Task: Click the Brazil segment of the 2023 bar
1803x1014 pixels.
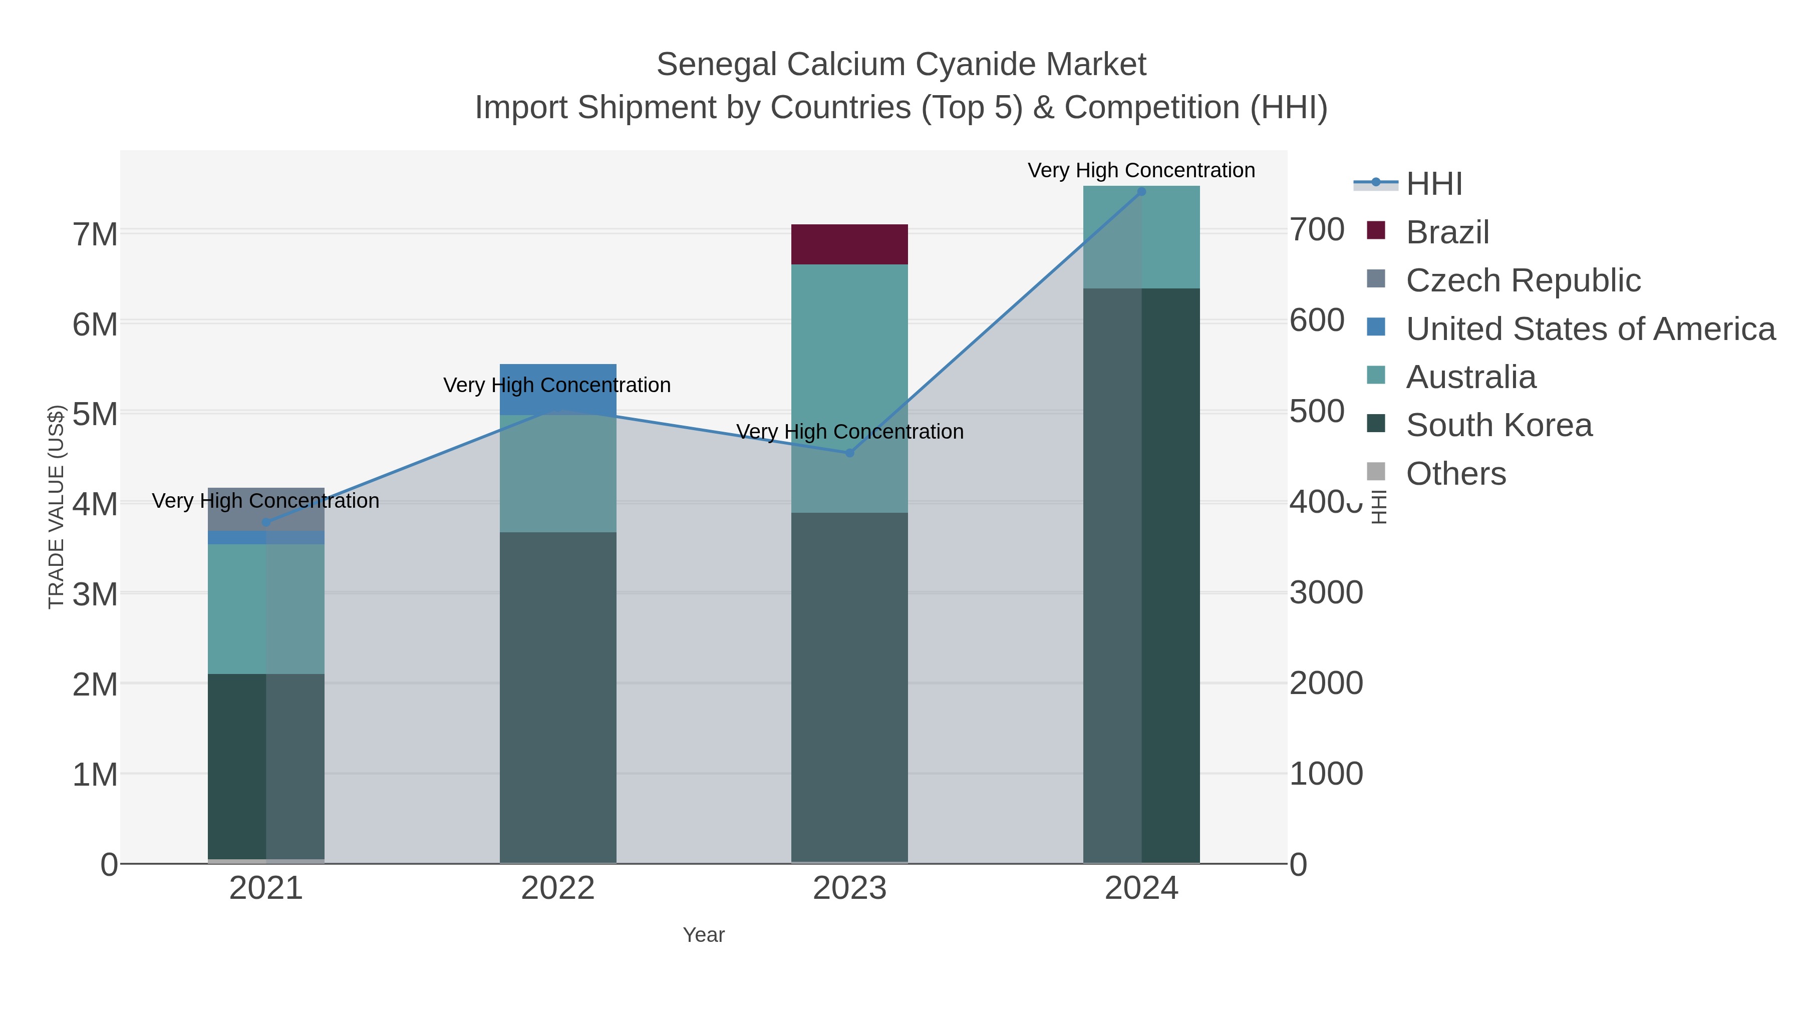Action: click(849, 244)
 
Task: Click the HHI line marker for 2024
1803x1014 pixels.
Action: click(1141, 192)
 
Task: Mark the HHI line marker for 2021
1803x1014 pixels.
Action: click(266, 522)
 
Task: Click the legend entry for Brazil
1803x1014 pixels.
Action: click(1447, 232)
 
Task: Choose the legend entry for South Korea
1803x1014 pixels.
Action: click(1498, 425)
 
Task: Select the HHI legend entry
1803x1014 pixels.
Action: click(1433, 183)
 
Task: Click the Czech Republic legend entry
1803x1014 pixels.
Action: click(1523, 280)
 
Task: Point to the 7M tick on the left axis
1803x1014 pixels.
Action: click(95, 234)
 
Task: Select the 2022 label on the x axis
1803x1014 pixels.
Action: click(558, 888)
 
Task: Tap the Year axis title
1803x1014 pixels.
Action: click(704, 934)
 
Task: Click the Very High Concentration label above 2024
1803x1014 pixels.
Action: click(1141, 170)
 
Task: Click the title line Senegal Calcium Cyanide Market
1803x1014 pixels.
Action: click(901, 65)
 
